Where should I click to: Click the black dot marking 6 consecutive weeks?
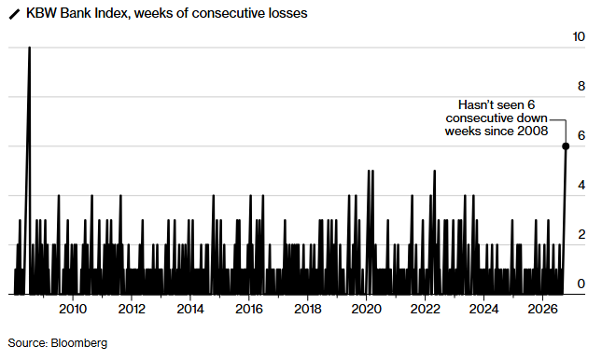coord(566,146)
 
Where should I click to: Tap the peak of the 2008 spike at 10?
coord(29,48)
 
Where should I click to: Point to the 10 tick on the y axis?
coord(579,37)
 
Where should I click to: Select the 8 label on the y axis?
coord(581,86)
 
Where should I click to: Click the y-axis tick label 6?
coord(581,135)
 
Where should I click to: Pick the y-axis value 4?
coord(581,185)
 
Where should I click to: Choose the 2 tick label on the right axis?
coord(581,234)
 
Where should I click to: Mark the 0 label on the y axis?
coord(581,284)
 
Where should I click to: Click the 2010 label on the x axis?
coord(73,309)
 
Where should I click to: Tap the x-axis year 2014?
coord(190,309)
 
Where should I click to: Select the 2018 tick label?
coord(307,309)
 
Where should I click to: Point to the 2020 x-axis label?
coord(366,309)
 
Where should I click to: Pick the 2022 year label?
coord(425,309)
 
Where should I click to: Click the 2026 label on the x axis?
coord(542,309)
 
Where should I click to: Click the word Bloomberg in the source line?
coord(78,342)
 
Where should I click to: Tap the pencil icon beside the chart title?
coord(14,14)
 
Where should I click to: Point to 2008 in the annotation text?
coord(533,131)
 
